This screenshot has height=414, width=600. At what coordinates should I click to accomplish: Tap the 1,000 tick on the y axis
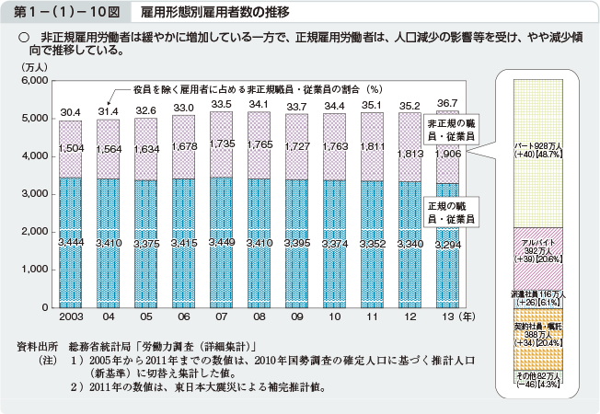[x=33, y=269]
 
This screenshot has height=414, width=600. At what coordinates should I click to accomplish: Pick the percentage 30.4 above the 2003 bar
[x=70, y=112]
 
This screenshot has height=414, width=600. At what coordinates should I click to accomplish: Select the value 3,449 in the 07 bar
[x=221, y=242]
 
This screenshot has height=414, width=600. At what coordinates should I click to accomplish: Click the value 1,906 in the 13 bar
[x=447, y=154]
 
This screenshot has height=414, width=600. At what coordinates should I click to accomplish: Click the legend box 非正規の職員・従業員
[x=451, y=128]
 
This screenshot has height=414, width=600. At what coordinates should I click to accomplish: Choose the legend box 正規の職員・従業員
[x=451, y=213]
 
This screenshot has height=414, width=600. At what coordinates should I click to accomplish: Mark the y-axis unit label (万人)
[x=33, y=67]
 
